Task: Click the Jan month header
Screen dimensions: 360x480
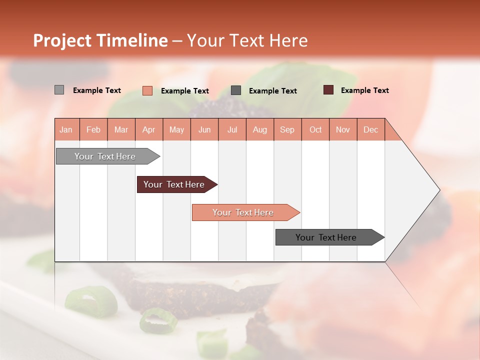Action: (66, 129)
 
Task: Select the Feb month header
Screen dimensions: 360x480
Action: (93, 129)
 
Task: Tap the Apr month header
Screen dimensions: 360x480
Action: (149, 129)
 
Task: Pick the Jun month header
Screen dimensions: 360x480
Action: (204, 129)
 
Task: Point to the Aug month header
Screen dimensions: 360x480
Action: (260, 129)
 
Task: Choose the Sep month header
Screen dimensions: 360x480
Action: (287, 129)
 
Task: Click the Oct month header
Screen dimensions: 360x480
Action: (315, 129)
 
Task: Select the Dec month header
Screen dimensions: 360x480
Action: (371, 129)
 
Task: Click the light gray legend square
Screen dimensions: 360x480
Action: (59, 90)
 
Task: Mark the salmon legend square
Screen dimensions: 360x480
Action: (147, 90)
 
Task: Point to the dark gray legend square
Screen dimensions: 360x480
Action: (236, 90)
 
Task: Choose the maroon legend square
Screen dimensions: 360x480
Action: (328, 90)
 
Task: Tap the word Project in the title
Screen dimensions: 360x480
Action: (62, 40)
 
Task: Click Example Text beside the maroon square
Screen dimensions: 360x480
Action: (365, 90)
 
